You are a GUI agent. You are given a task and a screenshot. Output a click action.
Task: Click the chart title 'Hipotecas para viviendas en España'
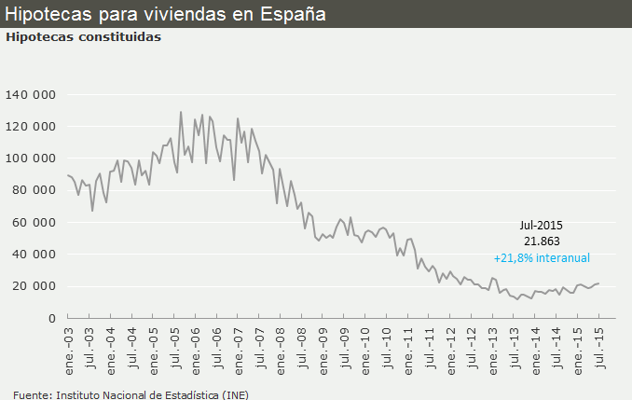165,14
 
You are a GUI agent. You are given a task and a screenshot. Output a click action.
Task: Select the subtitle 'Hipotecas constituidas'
83,37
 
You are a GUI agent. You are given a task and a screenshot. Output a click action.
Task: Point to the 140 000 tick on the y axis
31,94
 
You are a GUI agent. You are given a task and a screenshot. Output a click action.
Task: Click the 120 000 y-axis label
31,127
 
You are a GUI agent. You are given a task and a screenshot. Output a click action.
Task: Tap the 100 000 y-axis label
31,159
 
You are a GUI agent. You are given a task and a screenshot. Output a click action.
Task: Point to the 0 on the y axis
53,318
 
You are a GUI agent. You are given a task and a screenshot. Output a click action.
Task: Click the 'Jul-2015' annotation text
541,225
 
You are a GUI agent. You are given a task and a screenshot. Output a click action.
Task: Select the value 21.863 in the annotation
541,241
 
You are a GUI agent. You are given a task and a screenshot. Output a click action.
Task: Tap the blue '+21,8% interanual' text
542,257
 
